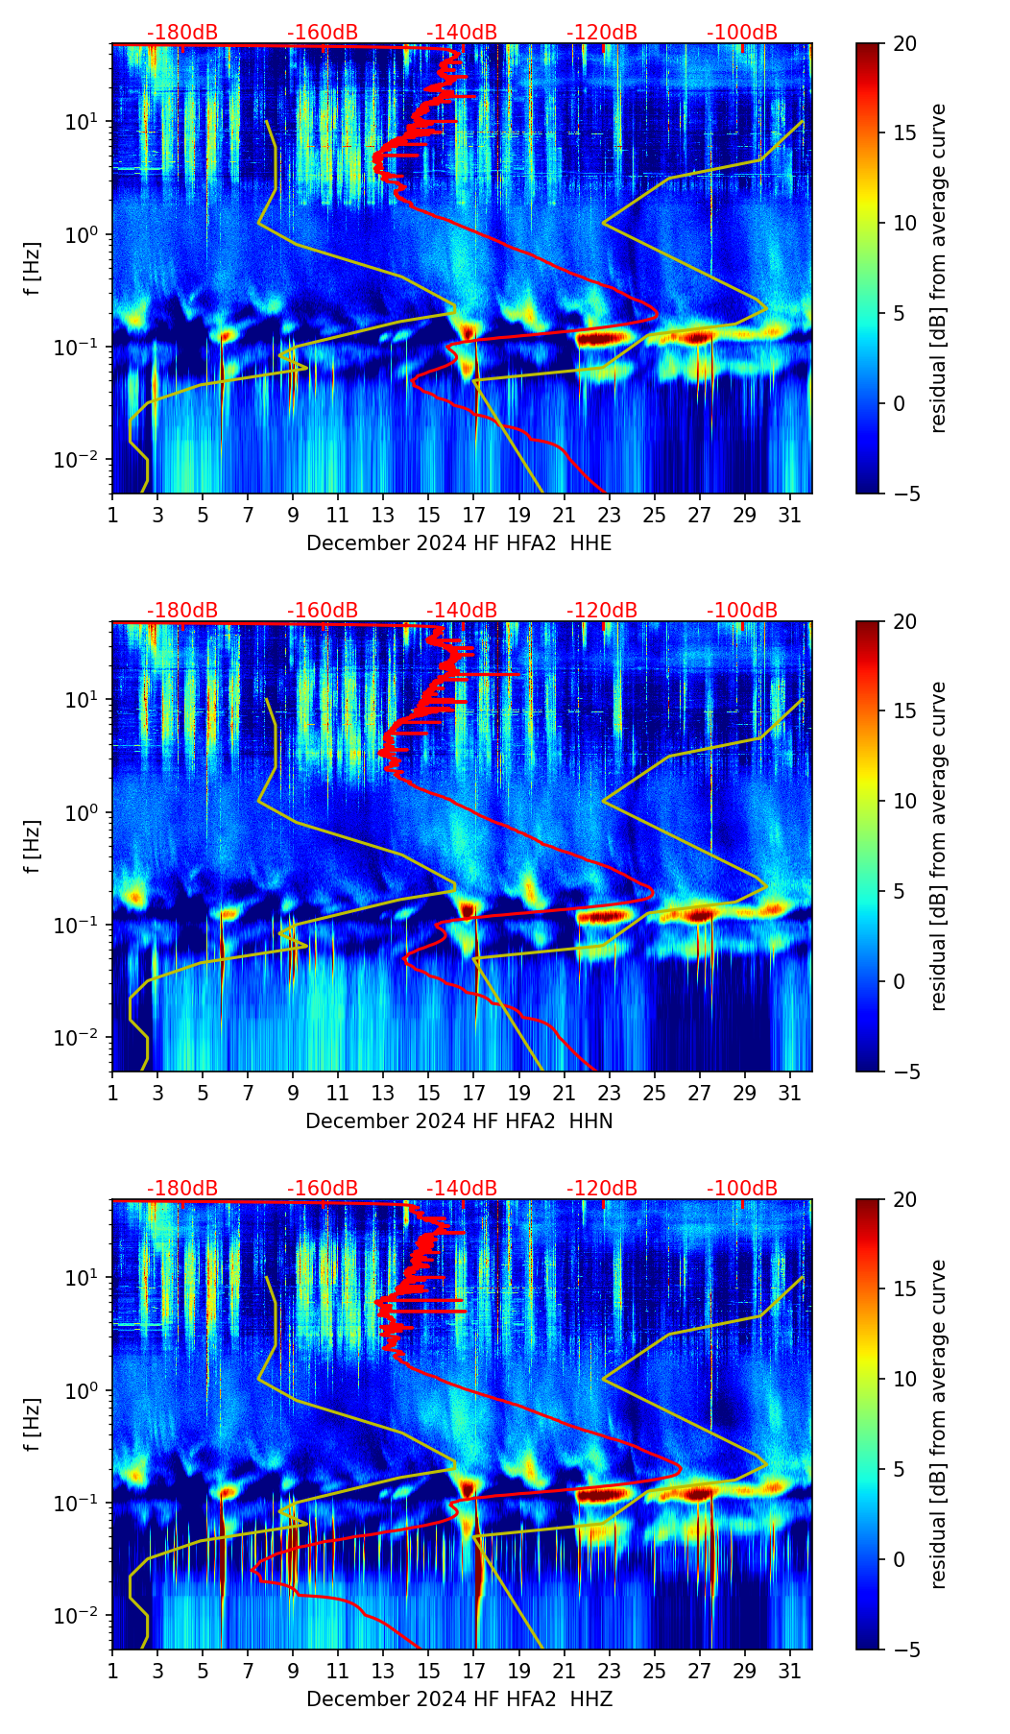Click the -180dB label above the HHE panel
click(182, 33)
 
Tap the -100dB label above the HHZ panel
click(742, 1189)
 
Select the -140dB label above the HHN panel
click(462, 611)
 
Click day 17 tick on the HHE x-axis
click(474, 515)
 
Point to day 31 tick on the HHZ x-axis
click(790, 1671)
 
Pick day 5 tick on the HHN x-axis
click(203, 1093)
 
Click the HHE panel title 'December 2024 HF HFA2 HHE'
click(459, 543)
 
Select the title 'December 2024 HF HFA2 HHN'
click(459, 1121)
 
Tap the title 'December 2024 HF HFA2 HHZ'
click(459, 1699)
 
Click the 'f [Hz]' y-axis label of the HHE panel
click(34, 268)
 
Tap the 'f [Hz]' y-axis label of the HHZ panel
click(34, 1424)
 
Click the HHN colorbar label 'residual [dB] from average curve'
click(938, 846)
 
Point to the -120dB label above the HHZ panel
click(602, 1189)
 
